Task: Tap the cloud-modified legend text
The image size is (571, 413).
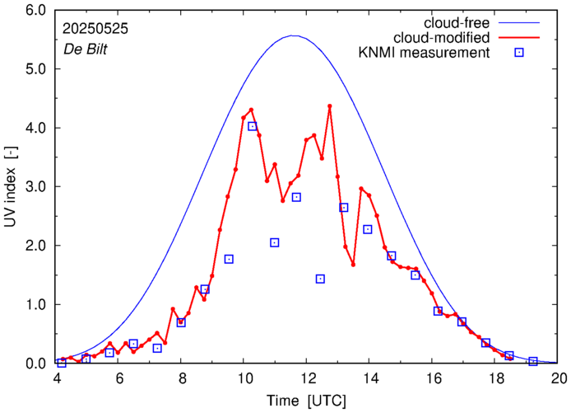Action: tap(443, 38)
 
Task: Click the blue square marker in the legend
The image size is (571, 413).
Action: tap(518, 54)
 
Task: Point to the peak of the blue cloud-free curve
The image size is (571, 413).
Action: tap(294, 35)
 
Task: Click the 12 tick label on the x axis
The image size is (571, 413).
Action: tap(308, 378)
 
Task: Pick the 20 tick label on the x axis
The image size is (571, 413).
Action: tap(559, 378)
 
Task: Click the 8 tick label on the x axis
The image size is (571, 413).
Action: tap(182, 378)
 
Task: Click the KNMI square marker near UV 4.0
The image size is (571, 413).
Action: tap(253, 126)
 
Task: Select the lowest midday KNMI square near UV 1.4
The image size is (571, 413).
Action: tap(320, 279)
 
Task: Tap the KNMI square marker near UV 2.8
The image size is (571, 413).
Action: tap(296, 197)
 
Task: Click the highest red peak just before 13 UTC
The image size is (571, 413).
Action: tap(329, 106)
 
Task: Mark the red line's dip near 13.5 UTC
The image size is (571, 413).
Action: tap(353, 264)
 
